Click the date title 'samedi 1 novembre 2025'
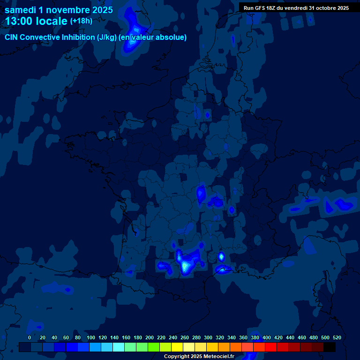point(59,10)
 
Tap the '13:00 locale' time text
point(36,21)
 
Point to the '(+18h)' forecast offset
point(81,21)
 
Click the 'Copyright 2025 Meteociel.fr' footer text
point(199,356)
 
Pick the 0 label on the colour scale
point(30,337)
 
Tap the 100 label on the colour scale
point(91,337)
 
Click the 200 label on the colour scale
point(150,337)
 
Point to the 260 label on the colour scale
point(185,337)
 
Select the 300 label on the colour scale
point(208,337)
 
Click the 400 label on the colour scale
point(267,337)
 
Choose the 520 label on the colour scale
point(337,337)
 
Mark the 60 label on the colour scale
point(66,337)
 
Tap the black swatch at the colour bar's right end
point(330,347)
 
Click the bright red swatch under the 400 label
point(270,347)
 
